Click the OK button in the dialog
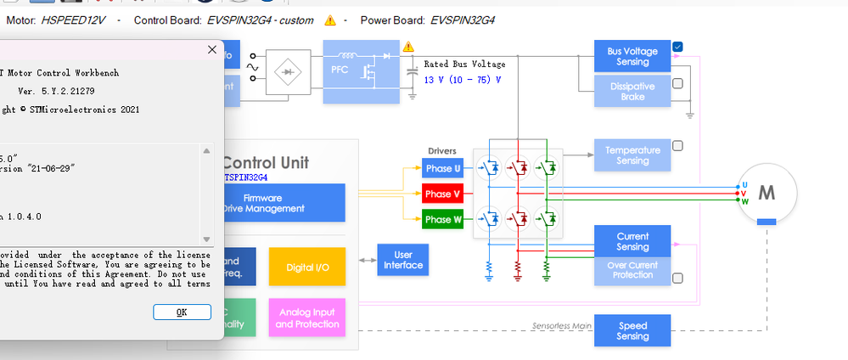(x=182, y=312)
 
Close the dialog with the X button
(x=212, y=50)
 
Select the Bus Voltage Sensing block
(x=632, y=56)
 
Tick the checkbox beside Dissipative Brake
(x=677, y=83)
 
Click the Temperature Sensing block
(x=632, y=155)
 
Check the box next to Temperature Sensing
(x=677, y=145)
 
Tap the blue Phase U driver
(x=444, y=168)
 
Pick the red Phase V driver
(x=444, y=194)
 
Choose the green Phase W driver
(x=444, y=219)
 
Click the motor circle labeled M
(x=767, y=194)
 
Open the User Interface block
(x=403, y=260)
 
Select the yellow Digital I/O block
(x=306, y=267)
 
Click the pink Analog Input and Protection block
(x=306, y=318)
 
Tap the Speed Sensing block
(x=632, y=331)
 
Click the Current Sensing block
(x=632, y=241)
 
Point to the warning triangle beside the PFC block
(x=409, y=47)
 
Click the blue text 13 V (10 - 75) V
(x=462, y=80)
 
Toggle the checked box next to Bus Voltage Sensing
(x=678, y=47)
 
